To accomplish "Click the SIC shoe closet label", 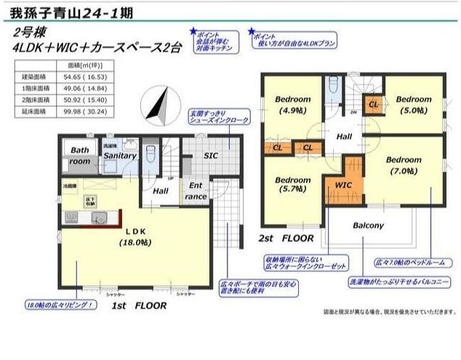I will coord(211,154).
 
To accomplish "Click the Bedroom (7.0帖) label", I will coord(404,165).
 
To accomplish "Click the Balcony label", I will coord(368,225).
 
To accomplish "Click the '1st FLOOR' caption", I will coord(140,305).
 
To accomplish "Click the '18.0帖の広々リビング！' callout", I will coord(61,304).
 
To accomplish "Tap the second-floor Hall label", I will coord(344,137).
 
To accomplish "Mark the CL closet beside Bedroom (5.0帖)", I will coord(373,105).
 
